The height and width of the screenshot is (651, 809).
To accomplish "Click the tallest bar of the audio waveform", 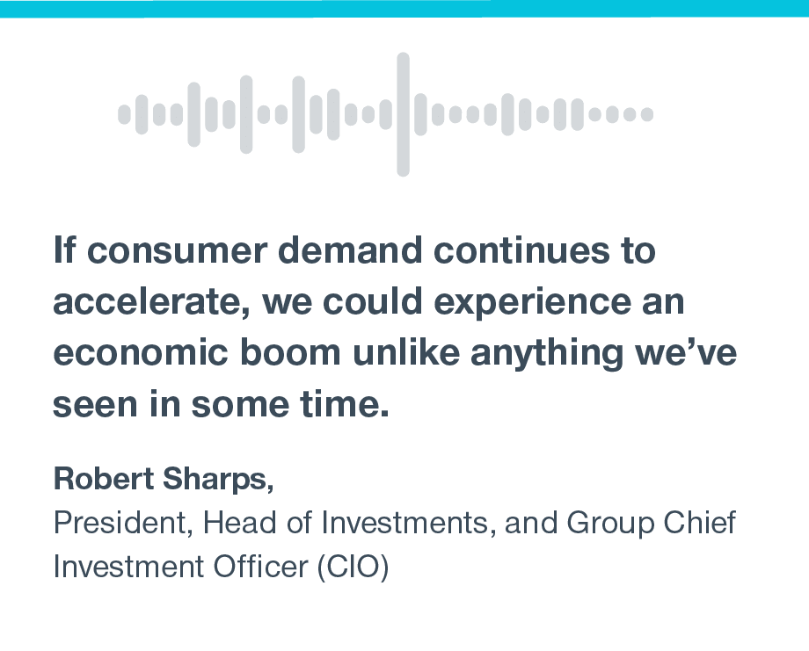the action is (403, 114).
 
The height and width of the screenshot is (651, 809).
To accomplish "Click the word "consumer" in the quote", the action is (177, 250).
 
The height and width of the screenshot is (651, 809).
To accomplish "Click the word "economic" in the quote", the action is (141, 352).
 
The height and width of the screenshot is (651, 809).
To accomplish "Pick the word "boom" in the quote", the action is (290, 352).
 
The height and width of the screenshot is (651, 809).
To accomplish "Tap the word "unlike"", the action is (406, 352).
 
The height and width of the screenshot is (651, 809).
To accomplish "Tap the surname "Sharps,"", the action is (218, 481).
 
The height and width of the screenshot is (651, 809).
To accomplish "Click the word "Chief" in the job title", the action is (700, 522).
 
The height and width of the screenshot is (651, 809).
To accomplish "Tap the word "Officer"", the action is (260, 567).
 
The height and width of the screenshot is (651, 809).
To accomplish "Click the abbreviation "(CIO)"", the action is (353, 568).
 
